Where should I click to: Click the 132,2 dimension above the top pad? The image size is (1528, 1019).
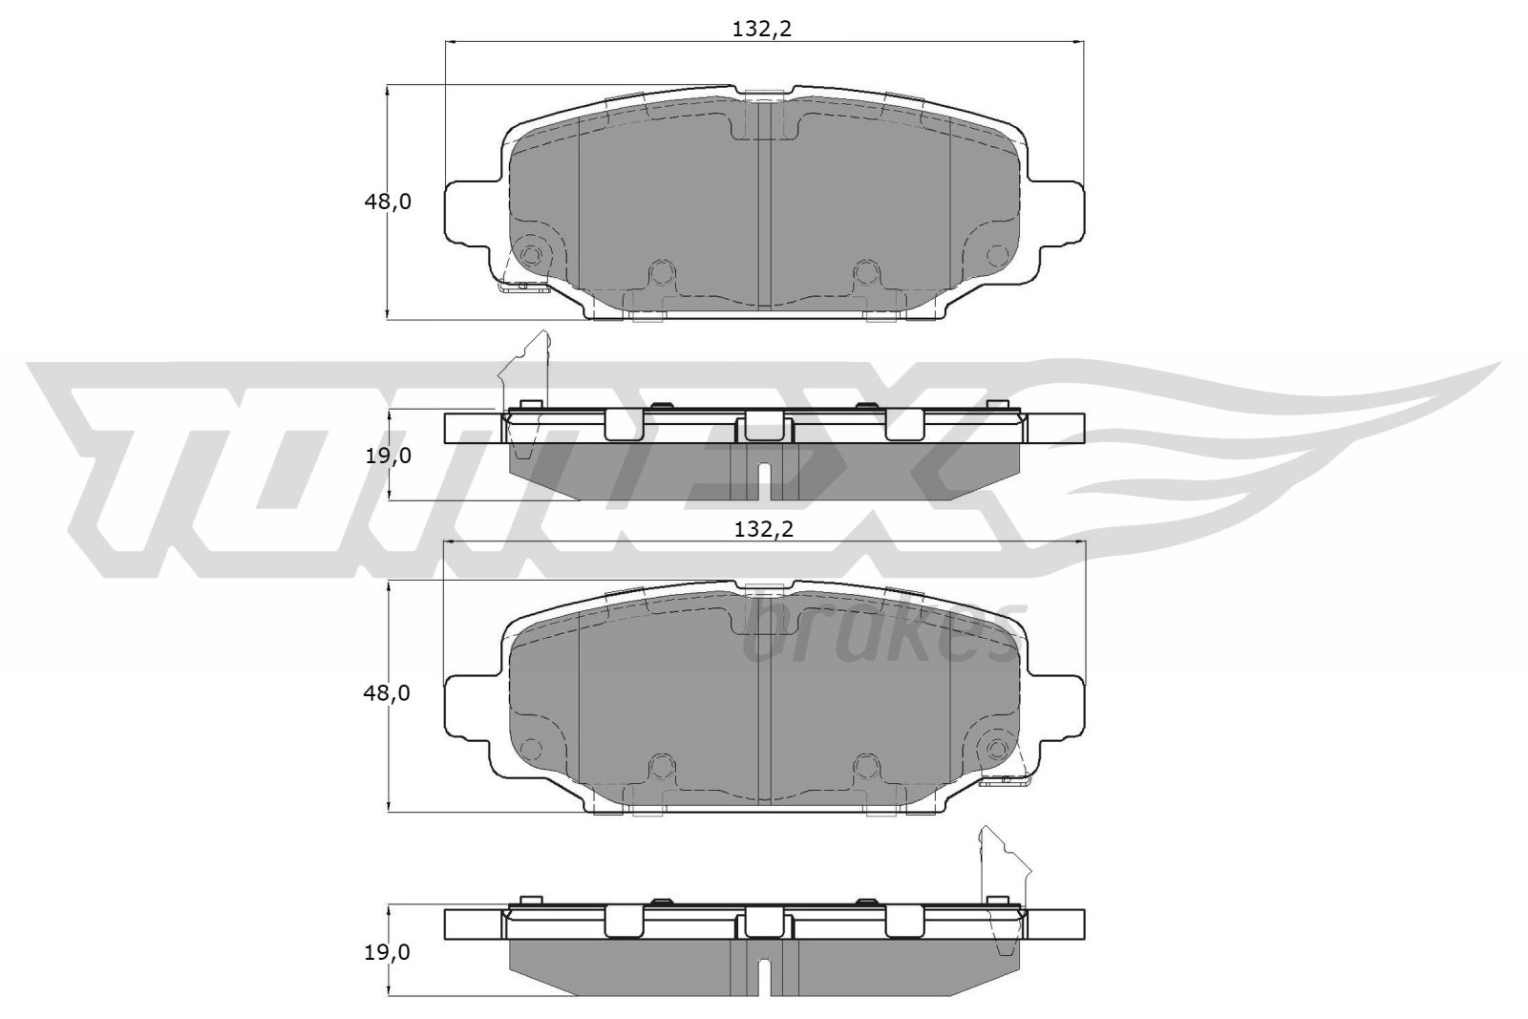(762, 30)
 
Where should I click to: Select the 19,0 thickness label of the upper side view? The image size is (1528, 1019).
(388, 456)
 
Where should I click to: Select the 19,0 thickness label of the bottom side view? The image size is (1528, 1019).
(388, 952)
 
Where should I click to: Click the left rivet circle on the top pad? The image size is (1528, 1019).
(531, 254)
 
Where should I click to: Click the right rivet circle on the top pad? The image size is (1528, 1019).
(996, 254)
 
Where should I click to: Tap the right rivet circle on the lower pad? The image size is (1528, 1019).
(996, 747)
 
